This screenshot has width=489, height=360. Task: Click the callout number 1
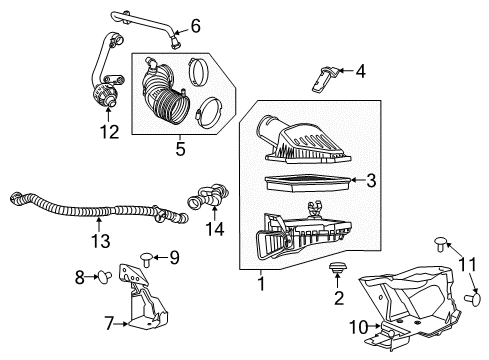coord(262,283)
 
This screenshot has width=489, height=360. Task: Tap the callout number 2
coord(339,298)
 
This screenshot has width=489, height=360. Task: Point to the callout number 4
coord(361,70)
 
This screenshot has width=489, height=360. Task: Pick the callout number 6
coord(195,25)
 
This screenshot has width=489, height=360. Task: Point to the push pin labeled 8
coord(102,276)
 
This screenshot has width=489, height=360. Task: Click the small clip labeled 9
coord(146,257)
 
